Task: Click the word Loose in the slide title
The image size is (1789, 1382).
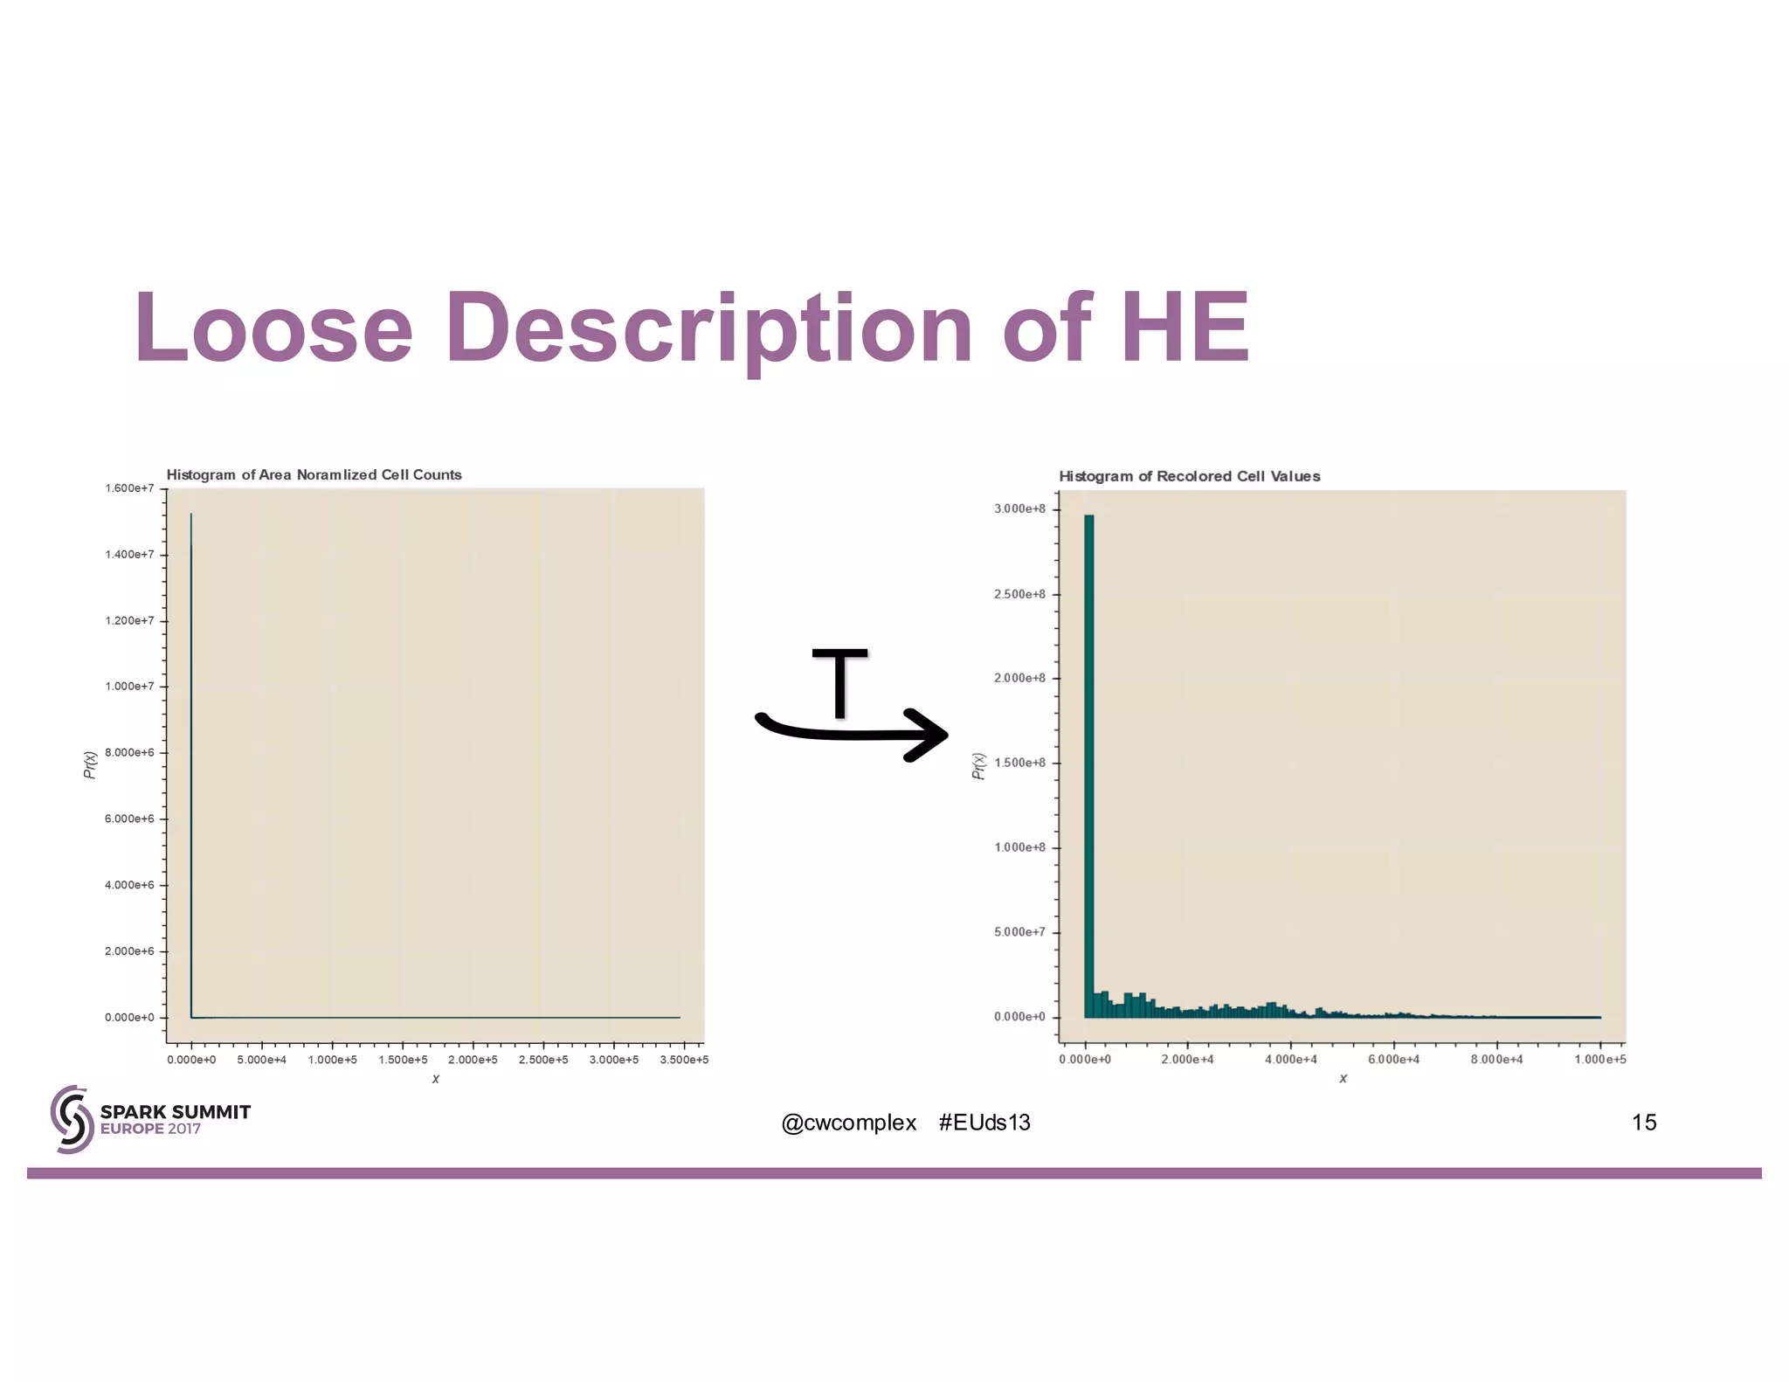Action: click(273, 328)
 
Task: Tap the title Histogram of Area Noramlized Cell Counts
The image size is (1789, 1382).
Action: click(314, 474)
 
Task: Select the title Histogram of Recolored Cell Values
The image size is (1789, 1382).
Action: click(1189, 476)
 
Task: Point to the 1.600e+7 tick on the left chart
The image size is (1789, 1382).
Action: click(129, 488)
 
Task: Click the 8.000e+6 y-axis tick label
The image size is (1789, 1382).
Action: click(129, 752)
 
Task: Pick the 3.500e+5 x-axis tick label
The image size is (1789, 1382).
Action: click(684, 1060)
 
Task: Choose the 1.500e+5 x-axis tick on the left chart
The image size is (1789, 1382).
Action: click(403, 1060)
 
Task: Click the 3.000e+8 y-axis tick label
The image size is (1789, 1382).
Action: click(1019, 509)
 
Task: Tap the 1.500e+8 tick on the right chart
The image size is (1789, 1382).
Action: click(1019, 763)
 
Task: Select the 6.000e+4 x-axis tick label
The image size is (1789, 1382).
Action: click(1393, 1060)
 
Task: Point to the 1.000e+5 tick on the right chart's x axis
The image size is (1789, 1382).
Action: click(1599, 1060)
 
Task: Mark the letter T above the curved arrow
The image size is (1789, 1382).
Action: click(839, 682)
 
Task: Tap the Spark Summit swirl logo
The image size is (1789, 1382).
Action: click(72, 1119)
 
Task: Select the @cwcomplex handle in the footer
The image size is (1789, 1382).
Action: click(848, 1123)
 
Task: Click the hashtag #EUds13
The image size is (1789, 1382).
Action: click(984, 1123)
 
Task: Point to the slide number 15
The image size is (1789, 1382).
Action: click(1643, 1123)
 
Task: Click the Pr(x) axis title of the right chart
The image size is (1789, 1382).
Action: click(978, 766)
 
